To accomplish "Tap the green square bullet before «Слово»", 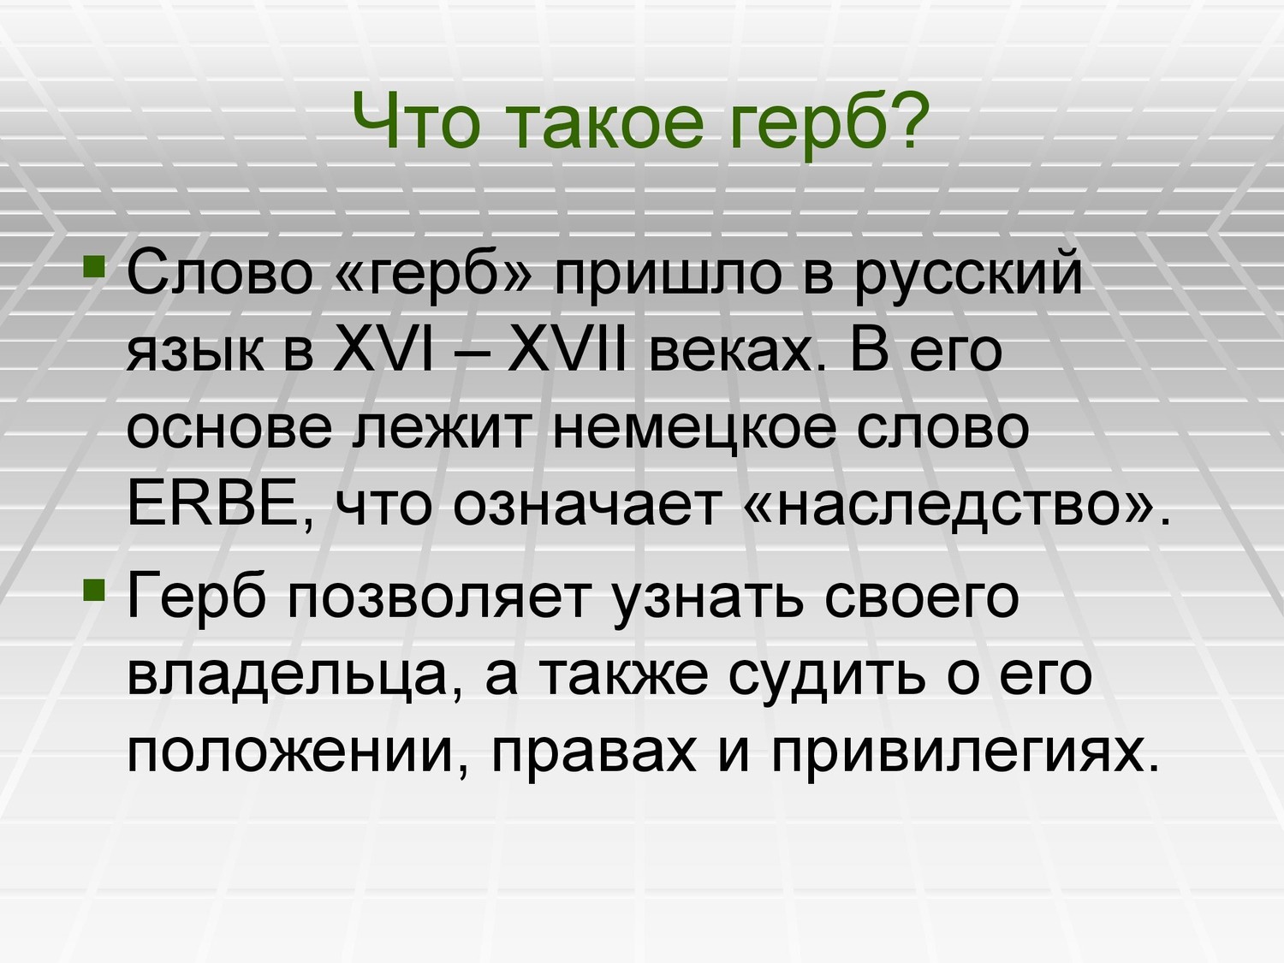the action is tap(94, 266).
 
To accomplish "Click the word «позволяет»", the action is tap(437, 603).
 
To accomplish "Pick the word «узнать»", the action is tap(709, 603).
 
